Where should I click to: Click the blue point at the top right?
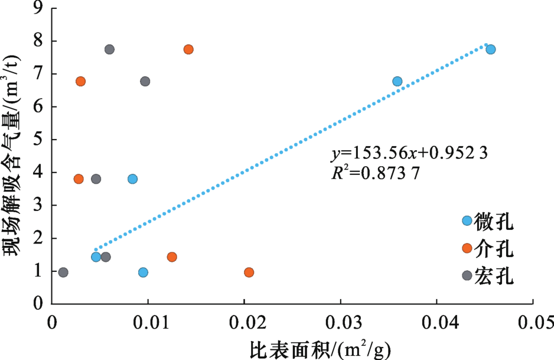490,49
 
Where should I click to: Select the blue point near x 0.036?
397,81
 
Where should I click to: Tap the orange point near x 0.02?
249,273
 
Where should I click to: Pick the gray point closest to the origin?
63,273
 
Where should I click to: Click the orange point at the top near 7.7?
188,49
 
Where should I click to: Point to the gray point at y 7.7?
109,49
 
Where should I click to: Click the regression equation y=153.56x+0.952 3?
409,154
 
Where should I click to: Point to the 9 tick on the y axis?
38,9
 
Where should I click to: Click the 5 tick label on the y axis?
38,140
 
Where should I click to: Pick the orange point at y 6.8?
80,81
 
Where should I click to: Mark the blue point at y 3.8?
132,179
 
